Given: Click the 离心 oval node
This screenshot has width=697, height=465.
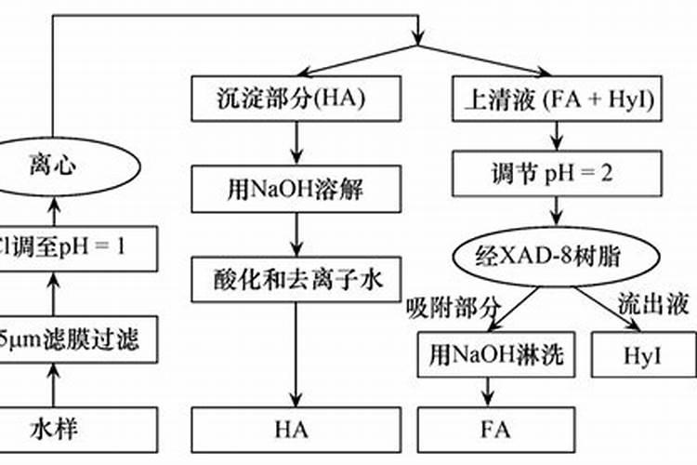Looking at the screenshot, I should (x=51, y=167).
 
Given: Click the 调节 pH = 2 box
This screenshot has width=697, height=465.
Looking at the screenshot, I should (x=559, y=173).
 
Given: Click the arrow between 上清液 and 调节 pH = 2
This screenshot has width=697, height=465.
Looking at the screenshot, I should (x=559, y=137).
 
